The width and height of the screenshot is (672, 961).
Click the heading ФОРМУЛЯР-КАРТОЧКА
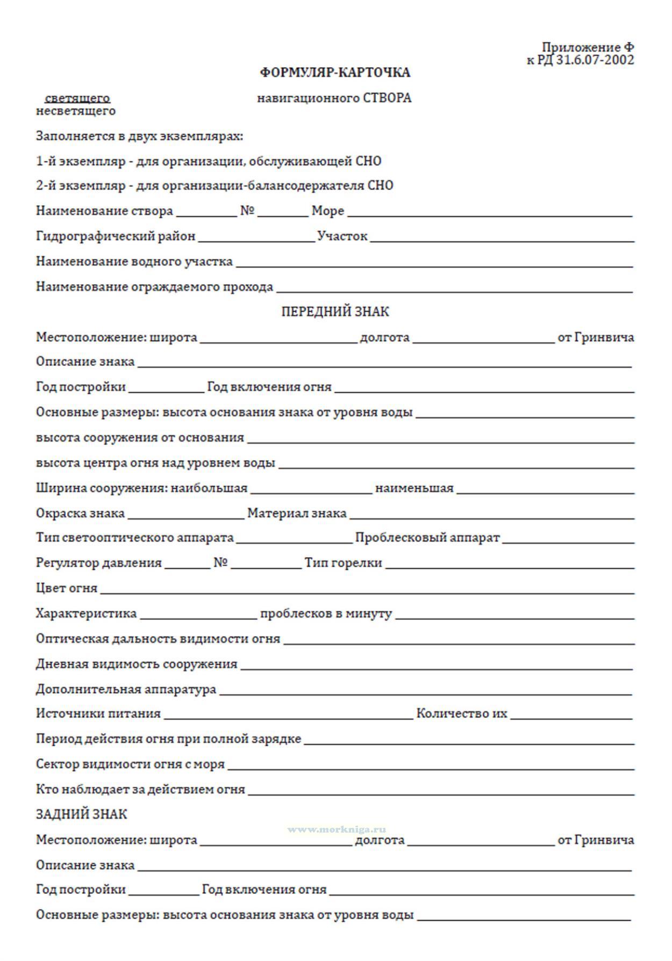pyautogui.click(x=335, y=73)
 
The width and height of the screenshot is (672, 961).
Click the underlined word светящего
pyautogui.click(x=77, y=98)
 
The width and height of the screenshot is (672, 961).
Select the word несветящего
pyautogui.click(x=76, y=111)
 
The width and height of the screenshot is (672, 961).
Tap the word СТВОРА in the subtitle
pyautogui.click(x=387, y=98)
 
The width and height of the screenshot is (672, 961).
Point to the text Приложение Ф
pyautogui.click(x=588, y=48)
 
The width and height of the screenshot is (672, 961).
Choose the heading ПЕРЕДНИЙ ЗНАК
pyautogui.click(x=335, y=312)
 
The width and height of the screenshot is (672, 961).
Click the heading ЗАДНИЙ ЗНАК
pyautogui.click(x=81, y=814)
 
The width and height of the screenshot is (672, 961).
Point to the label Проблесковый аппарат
pyautogui.click(x=427, y=538)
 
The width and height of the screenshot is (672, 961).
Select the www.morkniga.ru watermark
pyautogui.click(x=337, y=829)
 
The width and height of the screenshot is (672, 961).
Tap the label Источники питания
pyautogui.click(x=98, y=714)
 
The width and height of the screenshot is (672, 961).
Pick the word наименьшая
pyautogui.click(x=414, y=488)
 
